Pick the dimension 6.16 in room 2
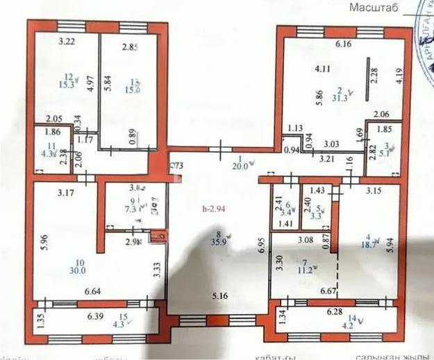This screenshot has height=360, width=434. pyautogui.click(x=344, y=45)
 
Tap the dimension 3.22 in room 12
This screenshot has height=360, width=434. pyautogui.click(x=67, y=42)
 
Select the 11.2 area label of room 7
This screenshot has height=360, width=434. pyautogui.click(x=303, y=271)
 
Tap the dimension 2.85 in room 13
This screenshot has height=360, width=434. pyautogui.click(x=131, y=48)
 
